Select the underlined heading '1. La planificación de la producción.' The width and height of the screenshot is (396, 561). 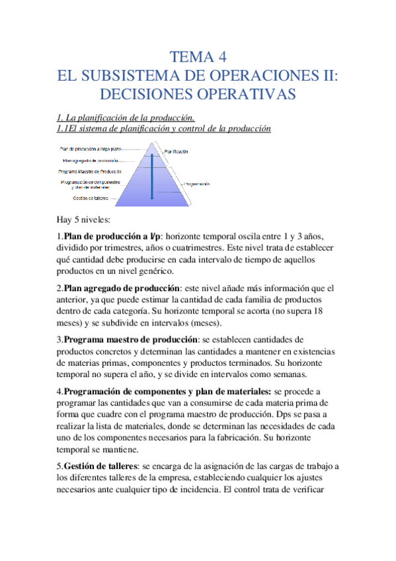pyautogui.click(x=124, y=118)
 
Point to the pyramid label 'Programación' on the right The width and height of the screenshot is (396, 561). pyautogui.click(x=198, y=183)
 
